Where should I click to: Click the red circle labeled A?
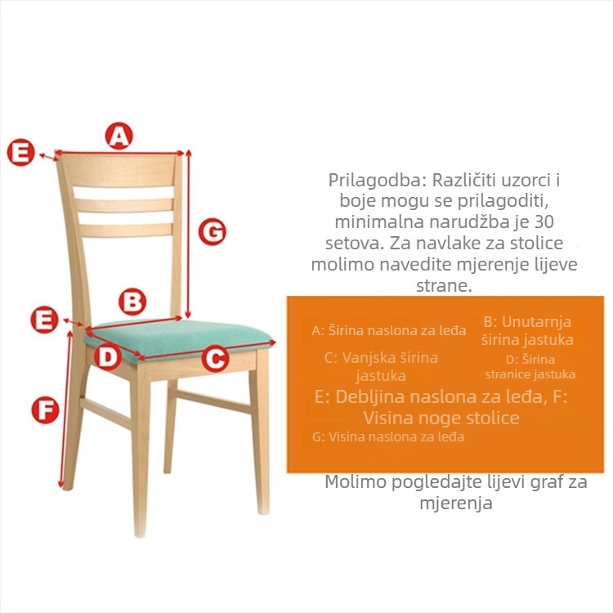(x=119, y=136)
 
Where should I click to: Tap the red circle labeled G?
(x=213, y=231)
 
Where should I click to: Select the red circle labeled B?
(x=132, y=302)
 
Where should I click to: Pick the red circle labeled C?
(x=216, y=359)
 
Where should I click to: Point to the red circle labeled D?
(x=107, y=356)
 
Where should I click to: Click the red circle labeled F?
(x=45, y=409)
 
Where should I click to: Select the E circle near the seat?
(x=44, y=320)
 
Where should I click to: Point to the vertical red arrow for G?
(x=188, y=234)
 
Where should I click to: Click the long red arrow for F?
(x=65, y=409)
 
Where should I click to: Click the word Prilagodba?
(x=378, y=181)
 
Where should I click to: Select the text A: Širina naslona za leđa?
(x=389, y=331)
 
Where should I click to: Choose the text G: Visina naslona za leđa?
(x=388, y=436)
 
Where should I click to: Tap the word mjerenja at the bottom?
(x=456, y=503)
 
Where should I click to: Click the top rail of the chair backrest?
(x=119, y=170)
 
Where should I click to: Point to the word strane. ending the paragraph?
(x=444, y=286)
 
